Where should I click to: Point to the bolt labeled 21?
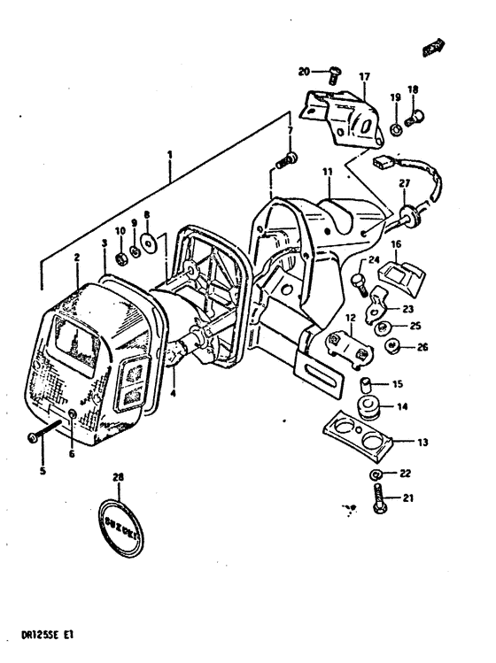coord(379,498)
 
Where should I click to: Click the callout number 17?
coord(364,77)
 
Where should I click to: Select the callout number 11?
coord(326,170)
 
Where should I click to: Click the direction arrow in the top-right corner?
coord(433,49)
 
